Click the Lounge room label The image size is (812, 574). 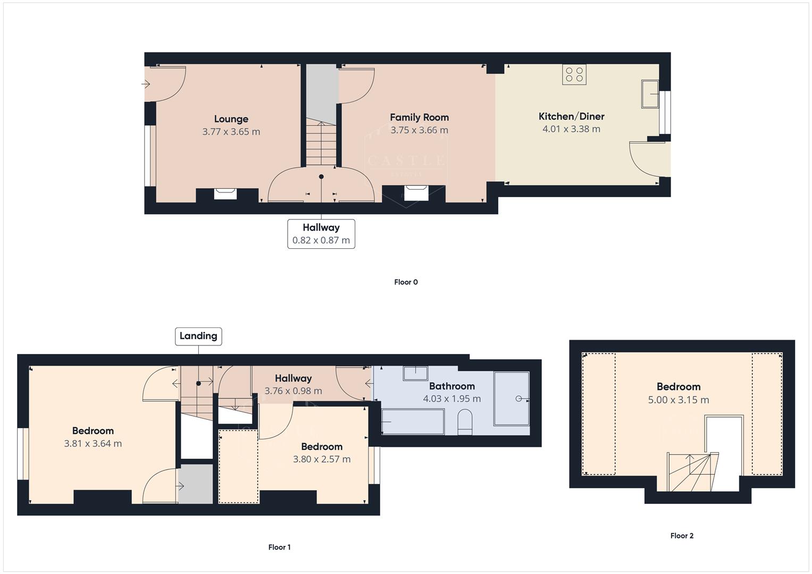[231, 119]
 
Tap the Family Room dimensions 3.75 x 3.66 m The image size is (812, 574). [419, 130]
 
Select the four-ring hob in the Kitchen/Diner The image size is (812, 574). [574, 74]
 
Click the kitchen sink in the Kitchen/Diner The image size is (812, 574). [650, 94]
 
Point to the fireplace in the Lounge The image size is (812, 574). [225, 193]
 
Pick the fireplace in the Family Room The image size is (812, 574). [415, 192]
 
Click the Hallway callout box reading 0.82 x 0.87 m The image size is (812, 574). [321, 234]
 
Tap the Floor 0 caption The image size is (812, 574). [406, 282]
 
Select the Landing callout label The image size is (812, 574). [198, 336]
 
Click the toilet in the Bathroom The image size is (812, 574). [465, 422]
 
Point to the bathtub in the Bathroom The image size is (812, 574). [413, 421]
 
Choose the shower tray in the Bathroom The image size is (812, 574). [511, 399]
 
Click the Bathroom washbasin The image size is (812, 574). [415, 373]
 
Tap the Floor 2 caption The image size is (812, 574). [681, 536]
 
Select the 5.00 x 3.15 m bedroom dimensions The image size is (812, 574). [678, 400]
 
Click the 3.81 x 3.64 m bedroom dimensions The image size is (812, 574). [93, 444]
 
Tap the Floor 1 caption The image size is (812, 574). [279, 547]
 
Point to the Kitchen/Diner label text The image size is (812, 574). [571, 116]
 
